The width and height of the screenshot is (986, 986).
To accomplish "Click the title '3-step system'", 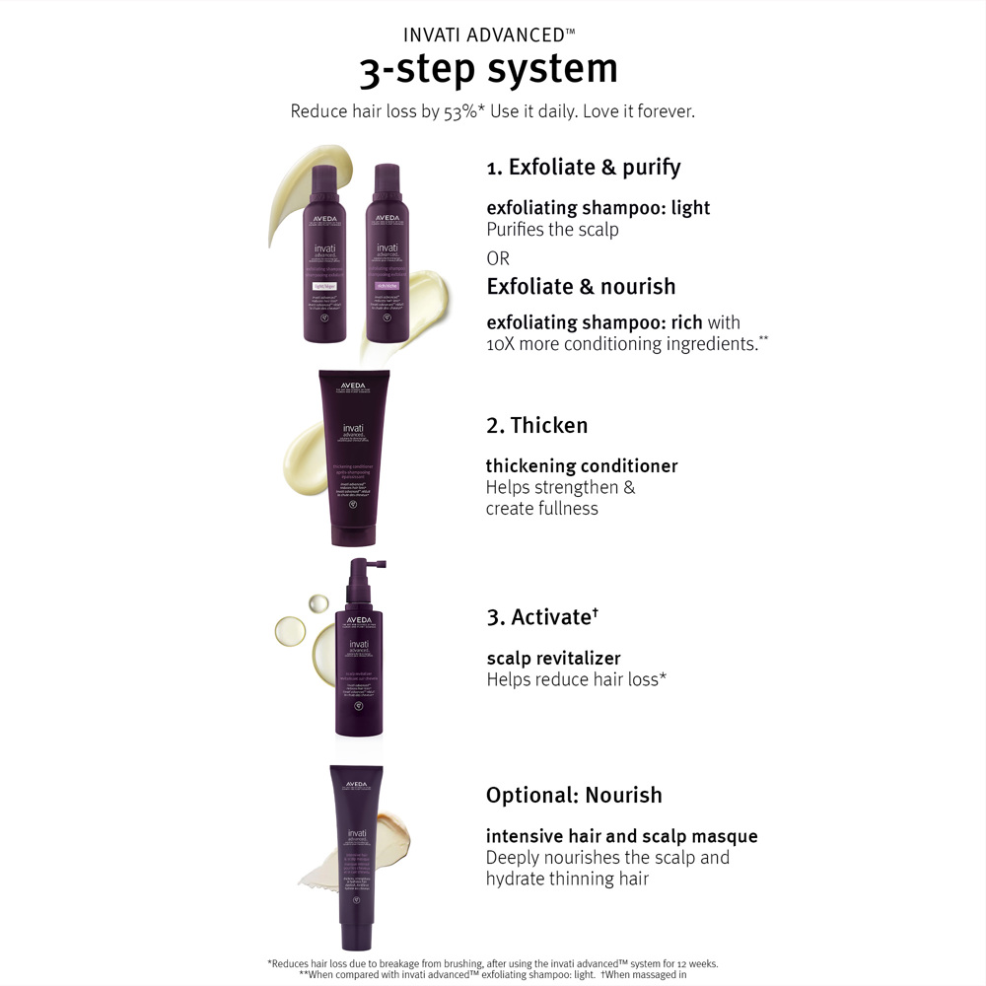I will pos(488,69).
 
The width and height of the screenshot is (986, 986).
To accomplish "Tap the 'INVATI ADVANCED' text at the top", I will pos(489,35).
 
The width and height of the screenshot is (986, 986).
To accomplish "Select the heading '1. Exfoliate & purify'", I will pos(584,168).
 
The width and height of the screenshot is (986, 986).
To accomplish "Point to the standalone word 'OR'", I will pos(499,258).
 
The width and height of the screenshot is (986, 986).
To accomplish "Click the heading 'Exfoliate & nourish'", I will pos(581,287).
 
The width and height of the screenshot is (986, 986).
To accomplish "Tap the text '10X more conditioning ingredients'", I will pos(620,344).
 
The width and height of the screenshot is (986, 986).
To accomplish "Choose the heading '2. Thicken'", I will pos(536,426).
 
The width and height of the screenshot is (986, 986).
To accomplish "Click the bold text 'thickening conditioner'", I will pos(582,466).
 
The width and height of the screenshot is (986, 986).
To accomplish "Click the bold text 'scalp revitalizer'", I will pos(554,658).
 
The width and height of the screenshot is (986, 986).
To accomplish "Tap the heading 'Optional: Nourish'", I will pos(574,796).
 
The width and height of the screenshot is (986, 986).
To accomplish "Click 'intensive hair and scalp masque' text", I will pos(621,836).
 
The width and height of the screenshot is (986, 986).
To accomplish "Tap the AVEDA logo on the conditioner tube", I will pos(354,386).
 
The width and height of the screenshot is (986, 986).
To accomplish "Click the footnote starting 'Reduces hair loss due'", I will pos(493,963).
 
